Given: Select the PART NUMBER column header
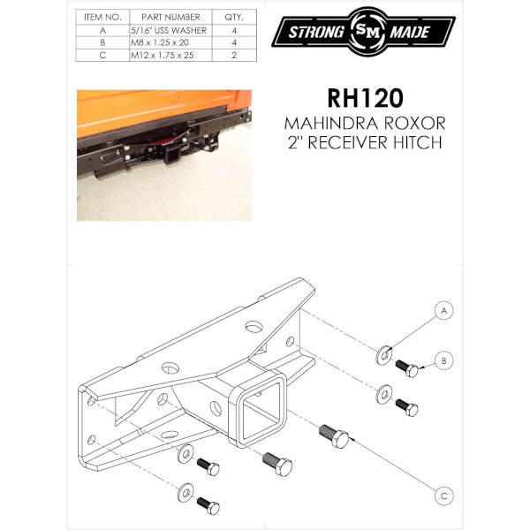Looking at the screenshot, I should pyautogui.click(x=170, y=17).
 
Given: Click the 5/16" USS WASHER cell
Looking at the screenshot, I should pyautogui.click(x=170, y=30).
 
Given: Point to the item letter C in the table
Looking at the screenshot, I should pyautogui.click(x=102, y=55).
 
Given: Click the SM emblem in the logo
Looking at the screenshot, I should pyautogui.click(x=365, y=33).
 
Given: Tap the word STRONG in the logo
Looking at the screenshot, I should pyautogui.click(x=312, y=34).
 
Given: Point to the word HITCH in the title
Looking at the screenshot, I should pyautogui.click(x=413, y=143).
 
